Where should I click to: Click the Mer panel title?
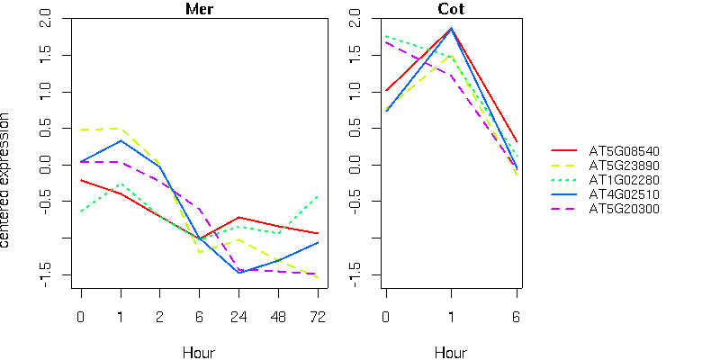tap(199, 9)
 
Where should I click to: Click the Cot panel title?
tap(451, 9)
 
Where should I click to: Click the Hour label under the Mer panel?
tap(199, 352)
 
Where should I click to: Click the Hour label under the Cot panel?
tap(451, 352)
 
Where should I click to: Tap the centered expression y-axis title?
tap(7, 180)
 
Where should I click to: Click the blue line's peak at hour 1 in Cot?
tap(451, 29)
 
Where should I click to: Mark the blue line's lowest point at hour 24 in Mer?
tap(238, 272)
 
